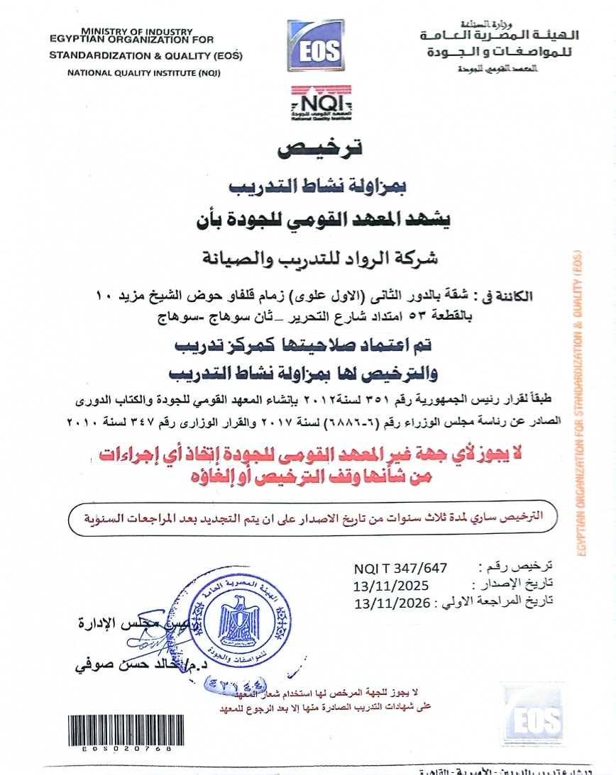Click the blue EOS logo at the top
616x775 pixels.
[315, 46]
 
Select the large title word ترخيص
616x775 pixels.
[319, 148]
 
